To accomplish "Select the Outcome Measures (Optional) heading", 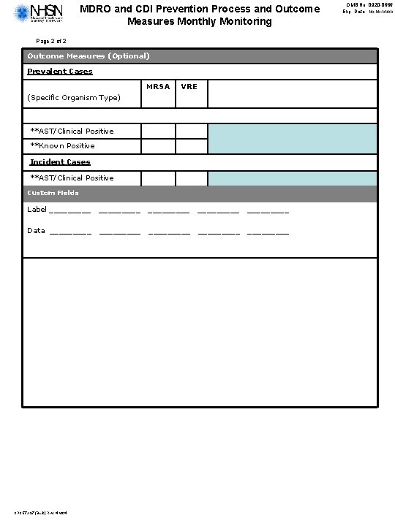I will coord(89,56).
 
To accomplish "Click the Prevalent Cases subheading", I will coord(60,72).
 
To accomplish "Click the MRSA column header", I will coord(158,86).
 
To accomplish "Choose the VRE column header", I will coord(189,86).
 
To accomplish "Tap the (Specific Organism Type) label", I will coord(74,97).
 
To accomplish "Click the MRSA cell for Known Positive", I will coord(158,146).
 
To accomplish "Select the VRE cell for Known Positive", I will coord(192,146).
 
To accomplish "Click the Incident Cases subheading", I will coord(60,161).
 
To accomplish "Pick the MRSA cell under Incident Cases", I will coord(158,178).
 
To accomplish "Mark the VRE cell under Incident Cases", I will coord(192,178).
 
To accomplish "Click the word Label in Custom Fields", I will coord(37,210).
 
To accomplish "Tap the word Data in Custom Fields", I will coord(36,230).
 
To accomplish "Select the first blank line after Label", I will coord(70,212).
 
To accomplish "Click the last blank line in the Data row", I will coord(268,232).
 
